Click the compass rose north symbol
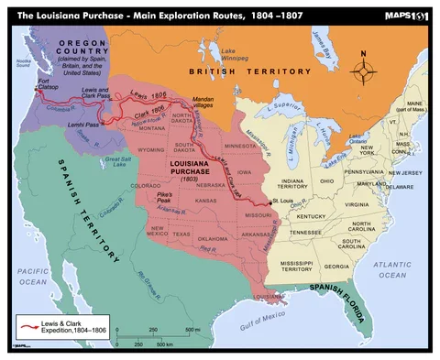364,68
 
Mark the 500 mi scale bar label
192,329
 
